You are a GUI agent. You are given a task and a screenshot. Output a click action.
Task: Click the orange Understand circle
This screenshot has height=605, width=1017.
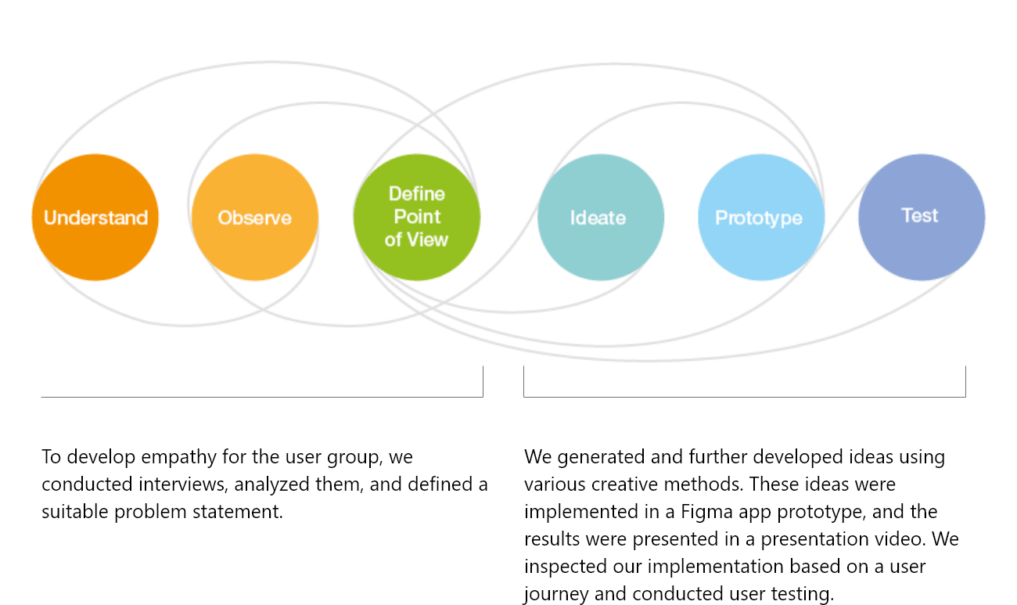pyautogui.click(x=95, y=218)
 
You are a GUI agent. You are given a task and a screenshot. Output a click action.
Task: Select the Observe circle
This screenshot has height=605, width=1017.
pyautogui.click(x=254, y=218)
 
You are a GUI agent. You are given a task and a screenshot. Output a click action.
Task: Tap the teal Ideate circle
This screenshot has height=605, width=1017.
pyautogui.click(x=598, y=218)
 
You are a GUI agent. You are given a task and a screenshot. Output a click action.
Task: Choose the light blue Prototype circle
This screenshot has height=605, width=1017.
pyautogui.click(x=760, y=218)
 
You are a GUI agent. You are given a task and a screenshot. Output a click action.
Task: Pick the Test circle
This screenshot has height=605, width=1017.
pyautogui.click(x=920, y=216)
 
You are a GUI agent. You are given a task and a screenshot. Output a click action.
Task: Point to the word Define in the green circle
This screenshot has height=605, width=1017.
pyautogui.click(x=417, y=193)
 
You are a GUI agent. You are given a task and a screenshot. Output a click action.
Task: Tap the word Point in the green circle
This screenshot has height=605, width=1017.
pyautogui.click(x=417, y=216)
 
